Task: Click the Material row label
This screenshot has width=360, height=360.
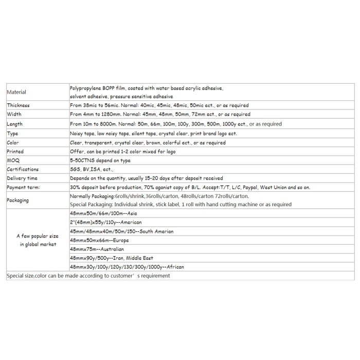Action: [x=16, y=92]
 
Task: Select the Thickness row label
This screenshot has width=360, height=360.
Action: [x=19, y=105]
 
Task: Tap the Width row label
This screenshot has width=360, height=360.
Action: [x=14, y=114]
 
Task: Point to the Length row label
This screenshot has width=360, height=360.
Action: [x=15, y=124]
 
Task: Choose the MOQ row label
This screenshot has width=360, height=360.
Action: [x=13, y=160]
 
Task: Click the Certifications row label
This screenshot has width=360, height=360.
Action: [x=23, y=169]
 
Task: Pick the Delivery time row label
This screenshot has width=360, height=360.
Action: [x=22, y=178]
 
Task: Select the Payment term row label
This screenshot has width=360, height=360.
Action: [x=23, y=188]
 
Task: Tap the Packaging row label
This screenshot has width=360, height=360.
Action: [x=18, y=200]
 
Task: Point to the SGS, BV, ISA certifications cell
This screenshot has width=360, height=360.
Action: [x=92, y=169]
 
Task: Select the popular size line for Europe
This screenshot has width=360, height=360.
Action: [x=99, y=240]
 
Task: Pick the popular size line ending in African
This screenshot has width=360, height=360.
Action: [x=127, y=267]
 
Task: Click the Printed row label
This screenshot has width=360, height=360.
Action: [x=15, y=152]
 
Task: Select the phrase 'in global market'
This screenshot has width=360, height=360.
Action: [x=38, y=245]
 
